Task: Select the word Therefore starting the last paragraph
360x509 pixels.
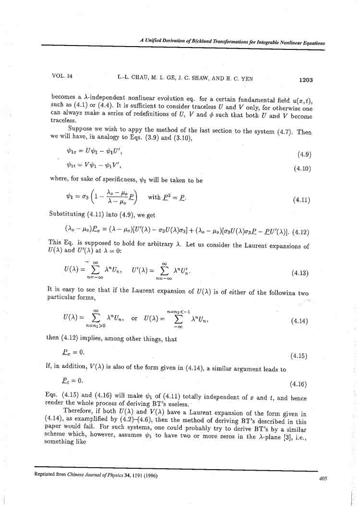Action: [x=79, y=413]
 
